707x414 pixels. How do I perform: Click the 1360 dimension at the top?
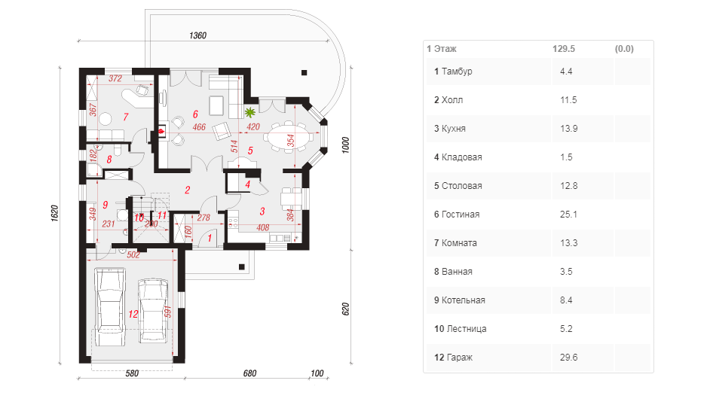pyautogui.click(x=197, y=35)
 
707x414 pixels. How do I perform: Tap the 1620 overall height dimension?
pyautogui.click(x=54, y=213)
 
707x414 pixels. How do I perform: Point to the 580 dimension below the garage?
pyautogui.click(x=132, y=373)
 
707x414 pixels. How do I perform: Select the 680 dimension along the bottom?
pyautogui.click(x=249, y=373)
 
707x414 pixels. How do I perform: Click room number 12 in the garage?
pyautogui.click(x=133, y=314)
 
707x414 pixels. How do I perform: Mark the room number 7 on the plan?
pyautogui.click(x=126, y=117)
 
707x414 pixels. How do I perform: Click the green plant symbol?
pyautogui.click(x=249, y=111)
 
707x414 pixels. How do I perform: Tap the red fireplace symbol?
pyautogui.click(x=161, y=131)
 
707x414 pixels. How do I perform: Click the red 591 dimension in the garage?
pyautogui.click(x=167, y=312)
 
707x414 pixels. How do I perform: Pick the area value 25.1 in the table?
pyautogui.click(x=568, y=215)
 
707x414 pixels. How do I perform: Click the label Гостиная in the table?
pyautogui.click(x=460, y=215)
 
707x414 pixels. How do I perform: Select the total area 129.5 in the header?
pyautogui.click(x=564, y=49)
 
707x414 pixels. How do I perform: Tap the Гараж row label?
pyautogui.click(x=460, y=358)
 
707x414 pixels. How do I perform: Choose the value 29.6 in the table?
pyautogui.click(x=568, y=358)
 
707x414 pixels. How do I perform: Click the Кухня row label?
pyautogui.click(x=453, y=129)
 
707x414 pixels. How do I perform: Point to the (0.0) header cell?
pyautogui.click(x=624, y=49)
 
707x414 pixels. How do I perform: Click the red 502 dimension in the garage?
pyautogui.click(x=133, y=254)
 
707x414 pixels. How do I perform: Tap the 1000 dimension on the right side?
pyautogui.click(x=345, y=145)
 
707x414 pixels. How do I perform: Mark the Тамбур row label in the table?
pyautogui.click(x=457, y=72)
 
